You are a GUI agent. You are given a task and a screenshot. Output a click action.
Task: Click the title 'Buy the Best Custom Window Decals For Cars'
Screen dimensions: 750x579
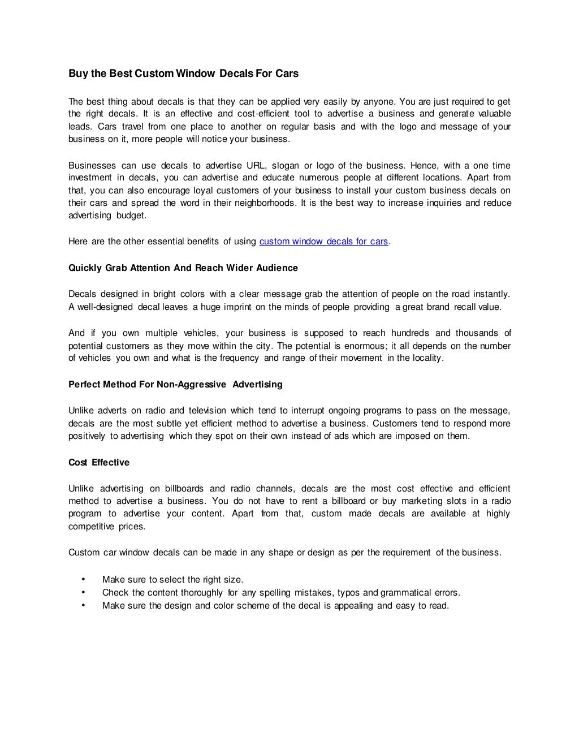pyautogui.click(x=183, y=74)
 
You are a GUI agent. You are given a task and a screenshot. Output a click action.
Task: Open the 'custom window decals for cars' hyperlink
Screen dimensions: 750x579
pyautogui.click(x=323, y=242)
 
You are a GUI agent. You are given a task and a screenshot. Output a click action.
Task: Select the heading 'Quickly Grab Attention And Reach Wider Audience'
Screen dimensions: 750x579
pyautogui.click(x=183, y=268)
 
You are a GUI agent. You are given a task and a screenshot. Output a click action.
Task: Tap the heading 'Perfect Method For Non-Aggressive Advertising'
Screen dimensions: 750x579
pyautogui.click(x=175, y=385)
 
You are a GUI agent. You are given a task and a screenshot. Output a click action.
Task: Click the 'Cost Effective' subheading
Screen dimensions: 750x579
pyautogui.click(x=99, y=463)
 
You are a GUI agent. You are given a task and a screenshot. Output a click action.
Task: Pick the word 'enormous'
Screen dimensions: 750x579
pyautogui.click(x=362, y=346)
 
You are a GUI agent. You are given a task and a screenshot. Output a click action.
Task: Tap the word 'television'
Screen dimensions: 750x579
pyautogui.click(x=207, y=411)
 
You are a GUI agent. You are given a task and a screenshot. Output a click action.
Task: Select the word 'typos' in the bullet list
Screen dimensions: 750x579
pyautogui.click(x=349, y=593)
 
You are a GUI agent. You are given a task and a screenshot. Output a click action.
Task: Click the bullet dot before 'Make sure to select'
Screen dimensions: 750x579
pyautogui.click(x=83, y=579)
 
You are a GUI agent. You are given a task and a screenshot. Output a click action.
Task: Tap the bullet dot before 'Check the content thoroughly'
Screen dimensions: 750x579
pyautogui.click(x=83, y=592)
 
